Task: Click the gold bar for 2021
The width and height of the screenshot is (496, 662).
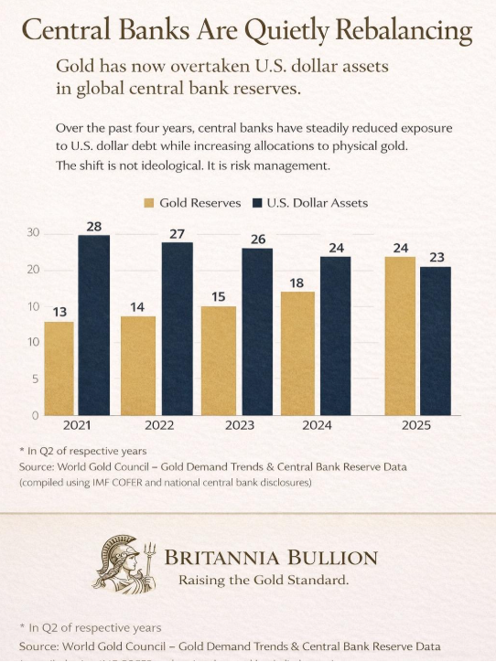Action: [x=59, y=368]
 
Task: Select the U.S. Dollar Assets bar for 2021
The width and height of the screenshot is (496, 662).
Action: [x=93, y=325]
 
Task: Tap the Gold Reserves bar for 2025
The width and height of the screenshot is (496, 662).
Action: [x=401, y=336]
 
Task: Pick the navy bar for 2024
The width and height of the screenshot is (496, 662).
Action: [x=335, y=336]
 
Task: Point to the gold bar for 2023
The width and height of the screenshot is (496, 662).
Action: [x=219, y=360]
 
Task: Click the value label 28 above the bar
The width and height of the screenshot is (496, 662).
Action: [x=93, y=226]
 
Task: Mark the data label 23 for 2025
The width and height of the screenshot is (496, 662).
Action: [x=437, y=257]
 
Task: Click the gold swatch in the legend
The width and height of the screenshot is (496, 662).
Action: [x=149, y=202]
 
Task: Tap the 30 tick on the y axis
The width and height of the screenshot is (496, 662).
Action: [x=32, y=233]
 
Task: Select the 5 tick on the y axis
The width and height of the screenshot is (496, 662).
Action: [x=35, y=379]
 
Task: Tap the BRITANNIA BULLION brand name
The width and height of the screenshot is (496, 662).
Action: [x=270, y=558]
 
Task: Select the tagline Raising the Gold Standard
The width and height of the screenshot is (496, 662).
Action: [x=264, y=580]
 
